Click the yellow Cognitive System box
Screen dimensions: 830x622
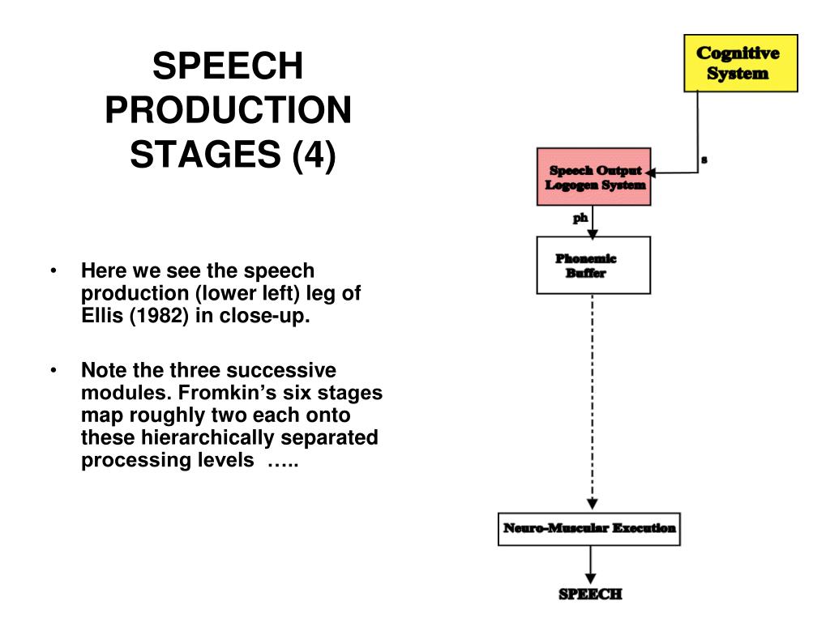click(x=741, y=63)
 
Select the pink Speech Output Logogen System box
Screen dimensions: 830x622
click(x=593, y=177)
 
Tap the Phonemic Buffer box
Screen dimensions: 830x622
click(x=593, y=265)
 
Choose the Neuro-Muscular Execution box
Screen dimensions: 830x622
click(x=589, y=529)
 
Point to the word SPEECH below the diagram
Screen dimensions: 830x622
click(x=590, y=594)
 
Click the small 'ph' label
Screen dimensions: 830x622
click(x=580, y=218)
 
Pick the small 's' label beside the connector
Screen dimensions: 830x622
click(x=704, y=160)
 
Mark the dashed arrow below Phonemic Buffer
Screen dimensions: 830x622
click(x=593, y=402)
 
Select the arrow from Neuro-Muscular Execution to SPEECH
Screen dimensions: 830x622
click(x=590, y=564)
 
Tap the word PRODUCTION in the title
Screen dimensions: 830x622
click(x=228, y=110)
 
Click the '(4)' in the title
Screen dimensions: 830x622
click(x=314, y=155)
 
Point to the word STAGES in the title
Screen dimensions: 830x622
click(x=205, y=155)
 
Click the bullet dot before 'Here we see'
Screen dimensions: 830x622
click(x=53, y=271)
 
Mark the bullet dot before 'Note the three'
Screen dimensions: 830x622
click(x=53, y=370)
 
